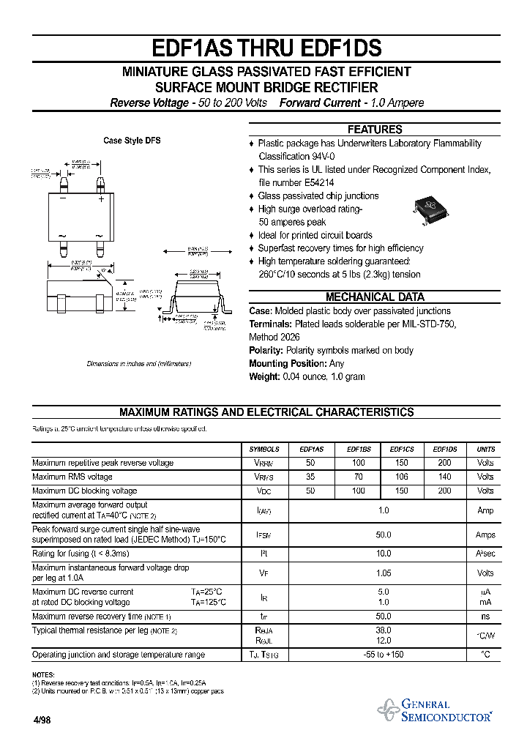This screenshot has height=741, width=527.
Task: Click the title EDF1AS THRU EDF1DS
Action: (x=266, y=48)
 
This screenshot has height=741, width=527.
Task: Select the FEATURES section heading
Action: (x=374, y=130)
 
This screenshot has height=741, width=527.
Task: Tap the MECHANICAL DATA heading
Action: (x=375, y=297)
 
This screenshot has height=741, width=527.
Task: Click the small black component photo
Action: (x=430, y=208)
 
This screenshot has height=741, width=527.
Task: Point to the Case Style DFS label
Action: (x=132, y=141)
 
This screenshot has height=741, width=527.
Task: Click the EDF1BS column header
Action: (x=358, y=450)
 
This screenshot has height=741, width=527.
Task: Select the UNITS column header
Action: (x=485, y=450)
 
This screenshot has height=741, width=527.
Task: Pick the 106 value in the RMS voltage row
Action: (x=401, y=477)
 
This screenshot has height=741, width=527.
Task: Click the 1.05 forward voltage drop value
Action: (x=383, y=573)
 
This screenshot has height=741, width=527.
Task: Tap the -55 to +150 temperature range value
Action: (x=384, y=655)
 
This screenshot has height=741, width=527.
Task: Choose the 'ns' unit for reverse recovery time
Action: (x=485, y=617)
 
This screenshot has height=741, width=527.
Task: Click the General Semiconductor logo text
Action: (x=446, y=710)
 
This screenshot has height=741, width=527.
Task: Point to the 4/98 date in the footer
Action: (x=42, y=720)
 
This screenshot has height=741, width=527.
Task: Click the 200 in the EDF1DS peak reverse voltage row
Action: (x=444, y=463)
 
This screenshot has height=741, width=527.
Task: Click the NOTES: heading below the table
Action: (x=43, y=674)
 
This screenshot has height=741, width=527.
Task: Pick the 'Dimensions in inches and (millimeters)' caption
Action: (x=138, y=364)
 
